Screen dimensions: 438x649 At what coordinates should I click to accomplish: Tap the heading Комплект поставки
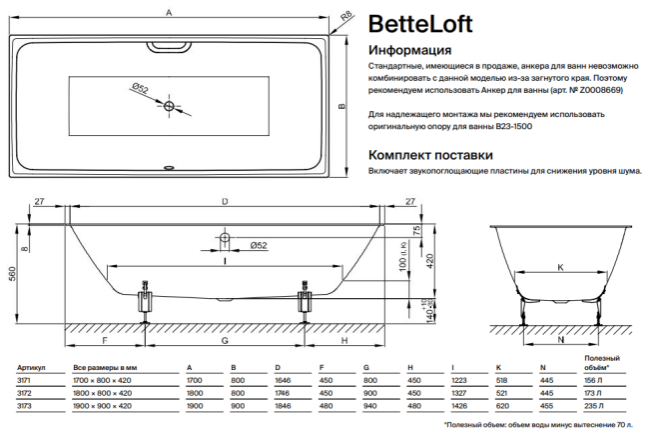pyautogui.click(x=430, y=155)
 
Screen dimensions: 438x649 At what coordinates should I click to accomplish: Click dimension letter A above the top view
pyautogui.click(x=170, y=12)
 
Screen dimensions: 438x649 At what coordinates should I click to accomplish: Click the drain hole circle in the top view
pyautogui.click(x=169, y=105)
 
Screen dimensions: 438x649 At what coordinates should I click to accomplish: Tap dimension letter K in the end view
pyautogui.click(x=559, y=267)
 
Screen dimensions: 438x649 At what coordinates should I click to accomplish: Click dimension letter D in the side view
pyautogui.click(x=223, y=202)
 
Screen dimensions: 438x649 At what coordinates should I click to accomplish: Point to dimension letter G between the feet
pyautogui.click(x=225, y=340)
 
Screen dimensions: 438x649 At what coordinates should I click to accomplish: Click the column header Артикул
pyautogui.click(x=25, y=369)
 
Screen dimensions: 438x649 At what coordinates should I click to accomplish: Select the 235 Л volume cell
pyautogui.click(x=593, y=406)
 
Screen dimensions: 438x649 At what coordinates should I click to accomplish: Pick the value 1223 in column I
pyautogui.click(x=459, y=381)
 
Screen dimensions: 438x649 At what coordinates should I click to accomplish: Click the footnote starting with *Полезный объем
pyautogui.click(x=540, y=425)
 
